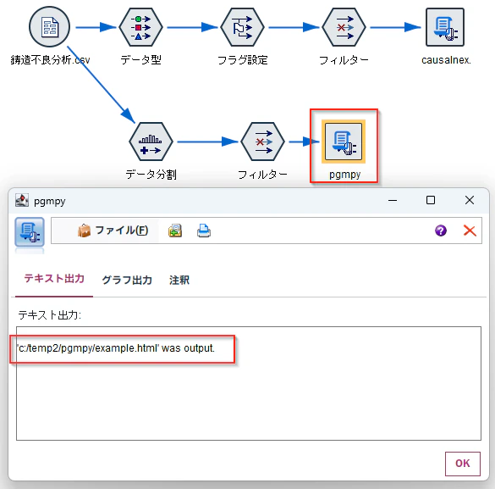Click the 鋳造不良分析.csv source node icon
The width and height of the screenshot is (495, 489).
point(49,27)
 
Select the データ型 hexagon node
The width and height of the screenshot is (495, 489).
point(140,27)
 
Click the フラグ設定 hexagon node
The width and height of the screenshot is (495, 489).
point(242,27)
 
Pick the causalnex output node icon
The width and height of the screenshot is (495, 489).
point(445,27)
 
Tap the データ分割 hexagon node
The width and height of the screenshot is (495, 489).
point(151,142)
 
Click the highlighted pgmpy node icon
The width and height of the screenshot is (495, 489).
point(344,142)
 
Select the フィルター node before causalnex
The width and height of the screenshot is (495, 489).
point(344,27)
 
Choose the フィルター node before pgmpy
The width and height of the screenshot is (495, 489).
point(262,142)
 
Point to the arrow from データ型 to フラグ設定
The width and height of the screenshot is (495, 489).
point(192,27)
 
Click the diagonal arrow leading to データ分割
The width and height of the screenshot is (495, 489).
point(101,85)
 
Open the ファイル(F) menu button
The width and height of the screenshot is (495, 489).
point(113,231)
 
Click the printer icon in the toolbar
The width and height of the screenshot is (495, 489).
point(204,231)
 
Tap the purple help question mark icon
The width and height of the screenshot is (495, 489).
point(441,231)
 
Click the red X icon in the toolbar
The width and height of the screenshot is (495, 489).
point(470,231)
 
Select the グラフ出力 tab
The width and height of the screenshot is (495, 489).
point(127,280)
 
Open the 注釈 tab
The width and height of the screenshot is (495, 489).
point(179,280)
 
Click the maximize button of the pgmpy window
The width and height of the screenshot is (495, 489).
point(431,200)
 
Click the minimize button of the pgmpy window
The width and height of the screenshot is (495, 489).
point(393,200)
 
